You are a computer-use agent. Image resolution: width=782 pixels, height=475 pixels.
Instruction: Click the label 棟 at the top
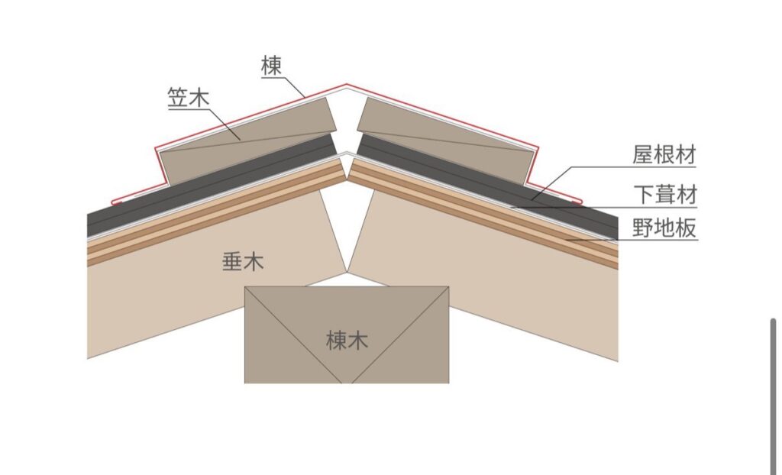271,66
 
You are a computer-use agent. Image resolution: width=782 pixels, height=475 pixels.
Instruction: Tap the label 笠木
189,98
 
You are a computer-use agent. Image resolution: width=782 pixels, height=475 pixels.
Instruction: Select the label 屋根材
664,155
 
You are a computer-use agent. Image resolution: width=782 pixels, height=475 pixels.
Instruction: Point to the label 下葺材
664,195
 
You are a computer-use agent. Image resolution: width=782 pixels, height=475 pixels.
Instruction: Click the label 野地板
664,228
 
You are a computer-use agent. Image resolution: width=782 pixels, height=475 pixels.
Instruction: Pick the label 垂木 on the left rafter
243,263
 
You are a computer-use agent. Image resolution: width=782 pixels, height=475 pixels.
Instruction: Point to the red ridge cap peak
347,85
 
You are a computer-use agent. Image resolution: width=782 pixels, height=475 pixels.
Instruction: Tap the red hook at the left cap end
115,202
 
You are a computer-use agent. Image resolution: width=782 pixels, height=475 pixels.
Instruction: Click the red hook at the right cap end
578,202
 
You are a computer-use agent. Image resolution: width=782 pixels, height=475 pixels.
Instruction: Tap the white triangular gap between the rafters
347,229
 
